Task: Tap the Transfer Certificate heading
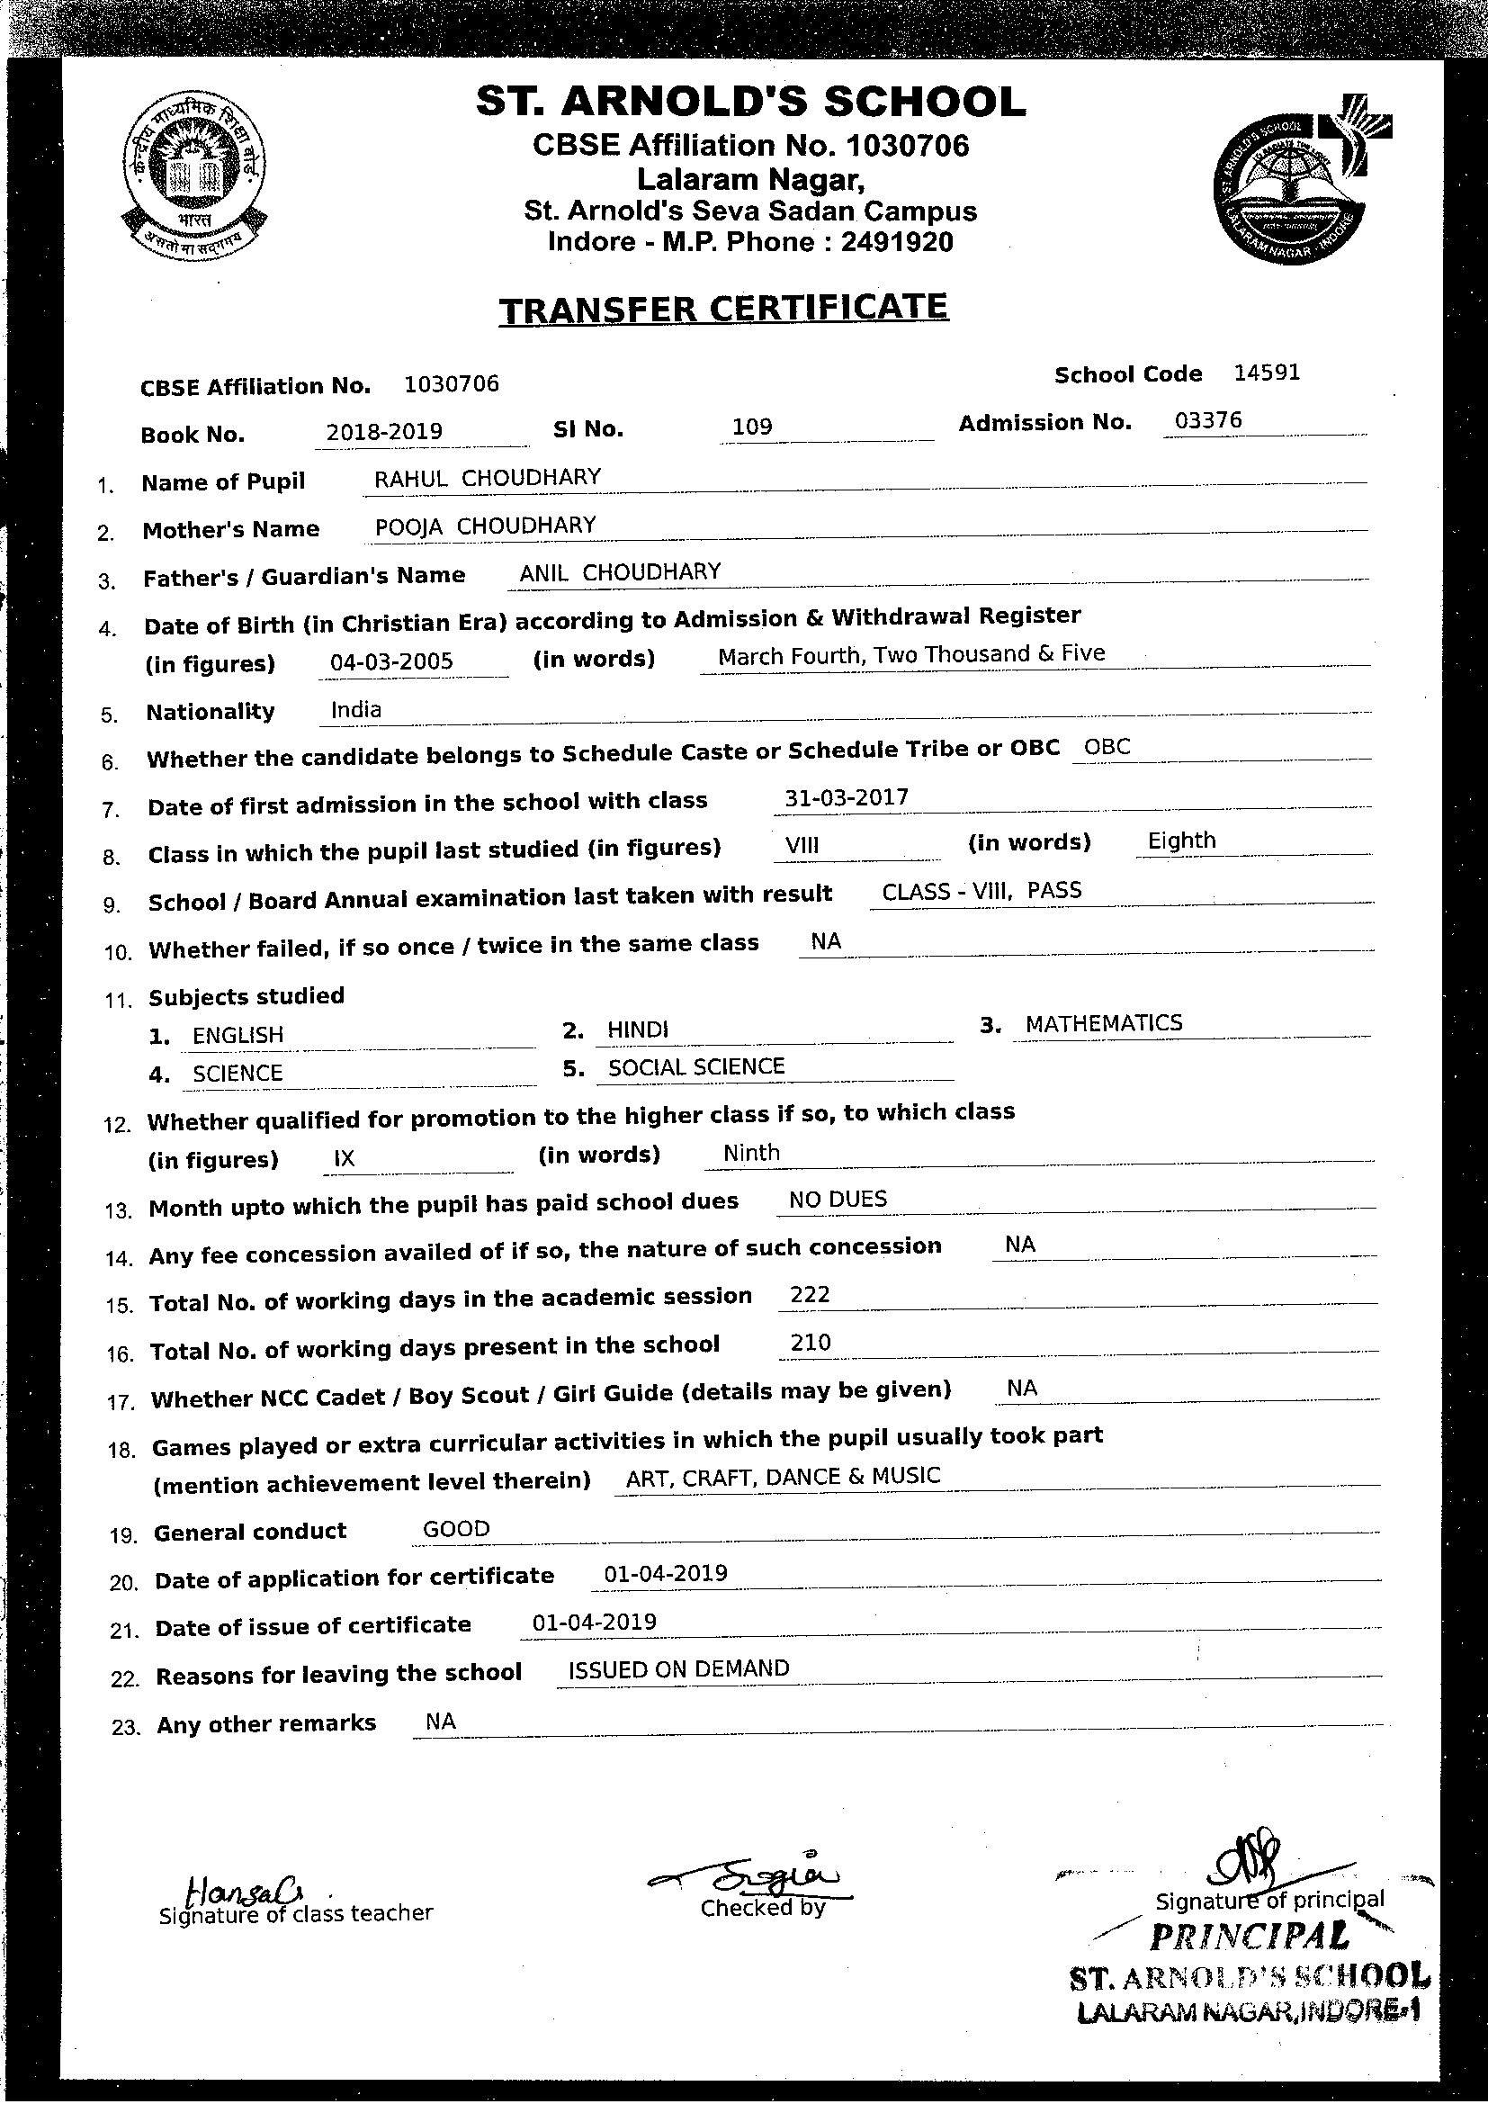[724, 309]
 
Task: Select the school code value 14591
[1267, 372]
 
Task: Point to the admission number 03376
[1207, 419]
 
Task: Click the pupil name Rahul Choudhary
[488, 478]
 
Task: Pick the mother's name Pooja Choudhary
[486, 525]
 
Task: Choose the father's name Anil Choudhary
[621, 572]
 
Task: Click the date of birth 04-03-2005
[391, 661]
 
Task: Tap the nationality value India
[356, 709]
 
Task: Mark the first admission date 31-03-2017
[847, 797]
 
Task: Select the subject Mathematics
[1103, 1023]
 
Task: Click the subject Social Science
[696, 1066]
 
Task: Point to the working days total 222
[809, 1294]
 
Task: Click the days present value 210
[810, 1343]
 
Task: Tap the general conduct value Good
[456, 1529]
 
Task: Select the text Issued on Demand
[678, 1668]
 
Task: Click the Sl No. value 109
[752, 427]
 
